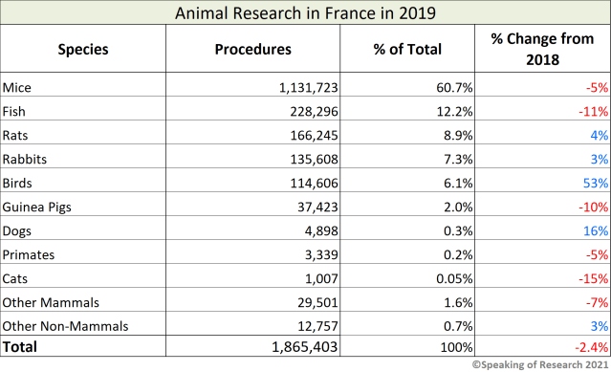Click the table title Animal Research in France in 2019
pyautogui.click(x=305, y=12)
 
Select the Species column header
pyautogui.click(x=83, y=49)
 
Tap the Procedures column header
pyautogui.click(x=253, y=49)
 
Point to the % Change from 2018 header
pyautogui.click(x=542, y=49)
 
